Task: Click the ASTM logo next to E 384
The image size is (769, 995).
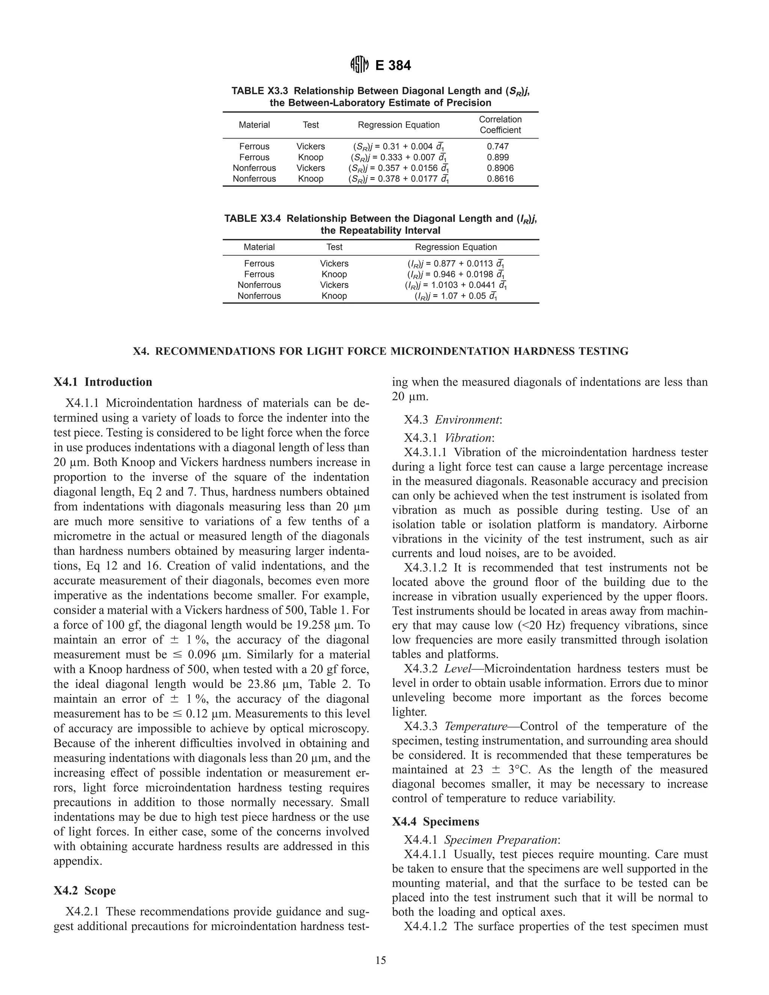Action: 359,66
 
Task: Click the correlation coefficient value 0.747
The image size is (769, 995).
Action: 498,146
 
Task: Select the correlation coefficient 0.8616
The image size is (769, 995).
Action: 500,179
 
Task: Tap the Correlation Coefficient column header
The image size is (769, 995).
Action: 500,124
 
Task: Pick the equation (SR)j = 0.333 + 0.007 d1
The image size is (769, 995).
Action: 399,157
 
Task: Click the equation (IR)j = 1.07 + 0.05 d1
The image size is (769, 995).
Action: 455,295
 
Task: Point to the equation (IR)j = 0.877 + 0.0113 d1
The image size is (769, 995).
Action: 455,263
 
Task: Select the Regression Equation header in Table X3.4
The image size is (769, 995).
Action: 455,247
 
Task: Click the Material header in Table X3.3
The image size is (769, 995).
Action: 254,125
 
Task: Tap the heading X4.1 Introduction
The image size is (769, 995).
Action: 103,382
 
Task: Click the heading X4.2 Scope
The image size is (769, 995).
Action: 85,890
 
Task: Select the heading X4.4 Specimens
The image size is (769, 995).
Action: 436,822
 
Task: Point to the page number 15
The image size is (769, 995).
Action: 380,961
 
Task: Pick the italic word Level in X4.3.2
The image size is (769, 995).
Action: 457,668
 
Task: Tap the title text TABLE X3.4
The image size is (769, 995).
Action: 253,219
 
